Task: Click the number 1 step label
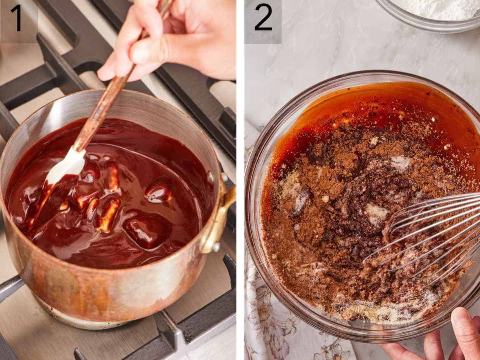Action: point(16,18)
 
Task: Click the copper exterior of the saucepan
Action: point(100,288)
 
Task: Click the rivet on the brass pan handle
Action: point(216,247)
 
